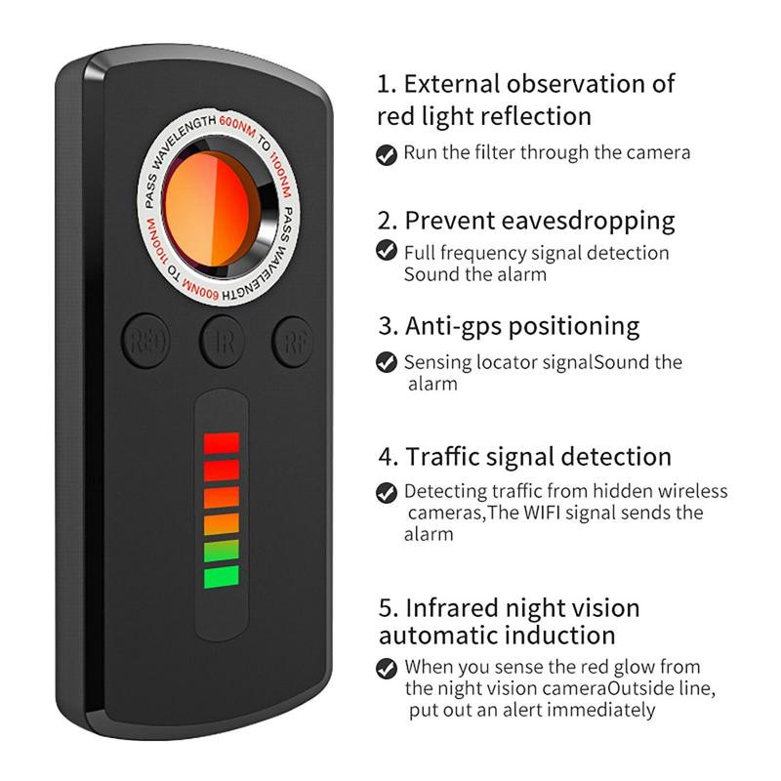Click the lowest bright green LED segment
222,577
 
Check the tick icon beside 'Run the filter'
387,153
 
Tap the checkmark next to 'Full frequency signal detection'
387,252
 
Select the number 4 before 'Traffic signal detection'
387,457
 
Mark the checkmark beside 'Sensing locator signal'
387,362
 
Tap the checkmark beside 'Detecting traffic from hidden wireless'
387,492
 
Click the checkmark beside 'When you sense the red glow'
387,669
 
